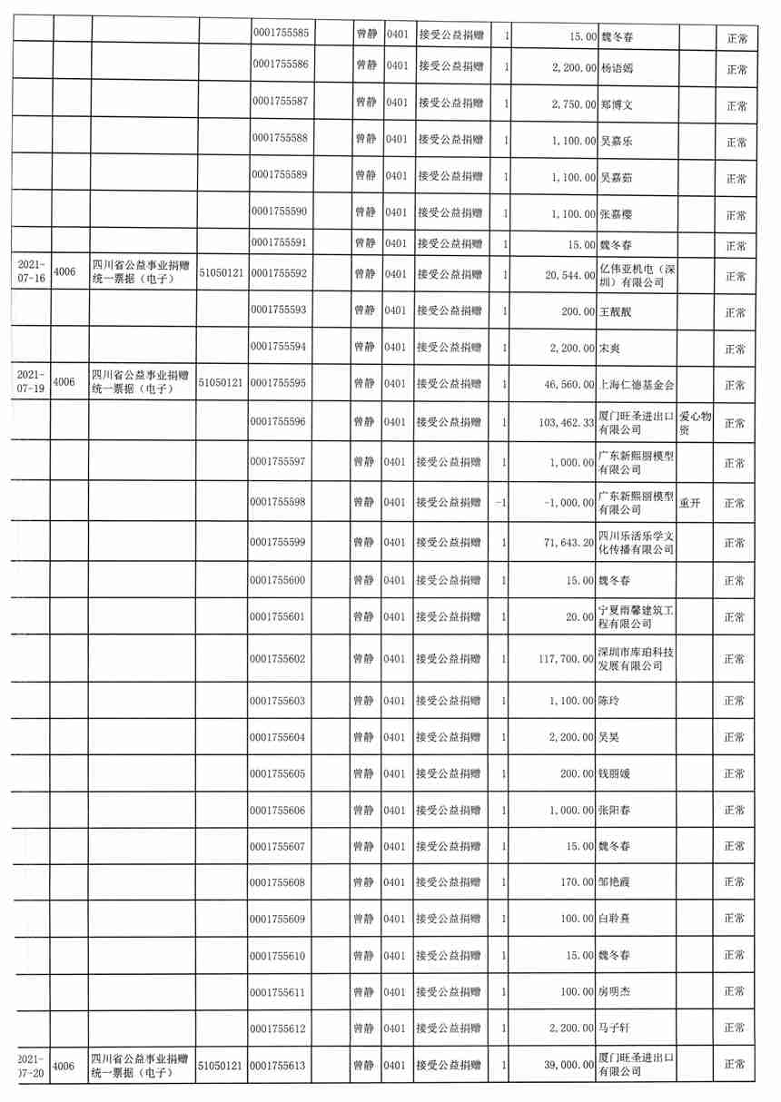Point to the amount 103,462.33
(x=558, y=423)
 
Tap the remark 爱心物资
(x=696, y=423)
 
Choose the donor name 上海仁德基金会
(x=636, y=385)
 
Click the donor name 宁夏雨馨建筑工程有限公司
(x=636, y=617)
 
